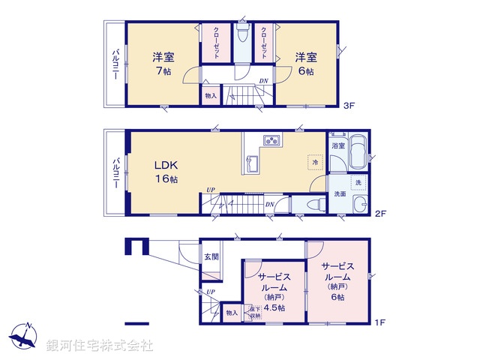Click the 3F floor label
[349, 106]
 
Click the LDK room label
[166, 165]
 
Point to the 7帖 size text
[162, 72]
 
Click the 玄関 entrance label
[211, 256]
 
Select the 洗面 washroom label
[340, 193]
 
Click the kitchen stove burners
[271, 140]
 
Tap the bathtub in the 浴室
[358, 151]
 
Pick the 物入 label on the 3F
[210, 95]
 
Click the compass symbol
[25, 337]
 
